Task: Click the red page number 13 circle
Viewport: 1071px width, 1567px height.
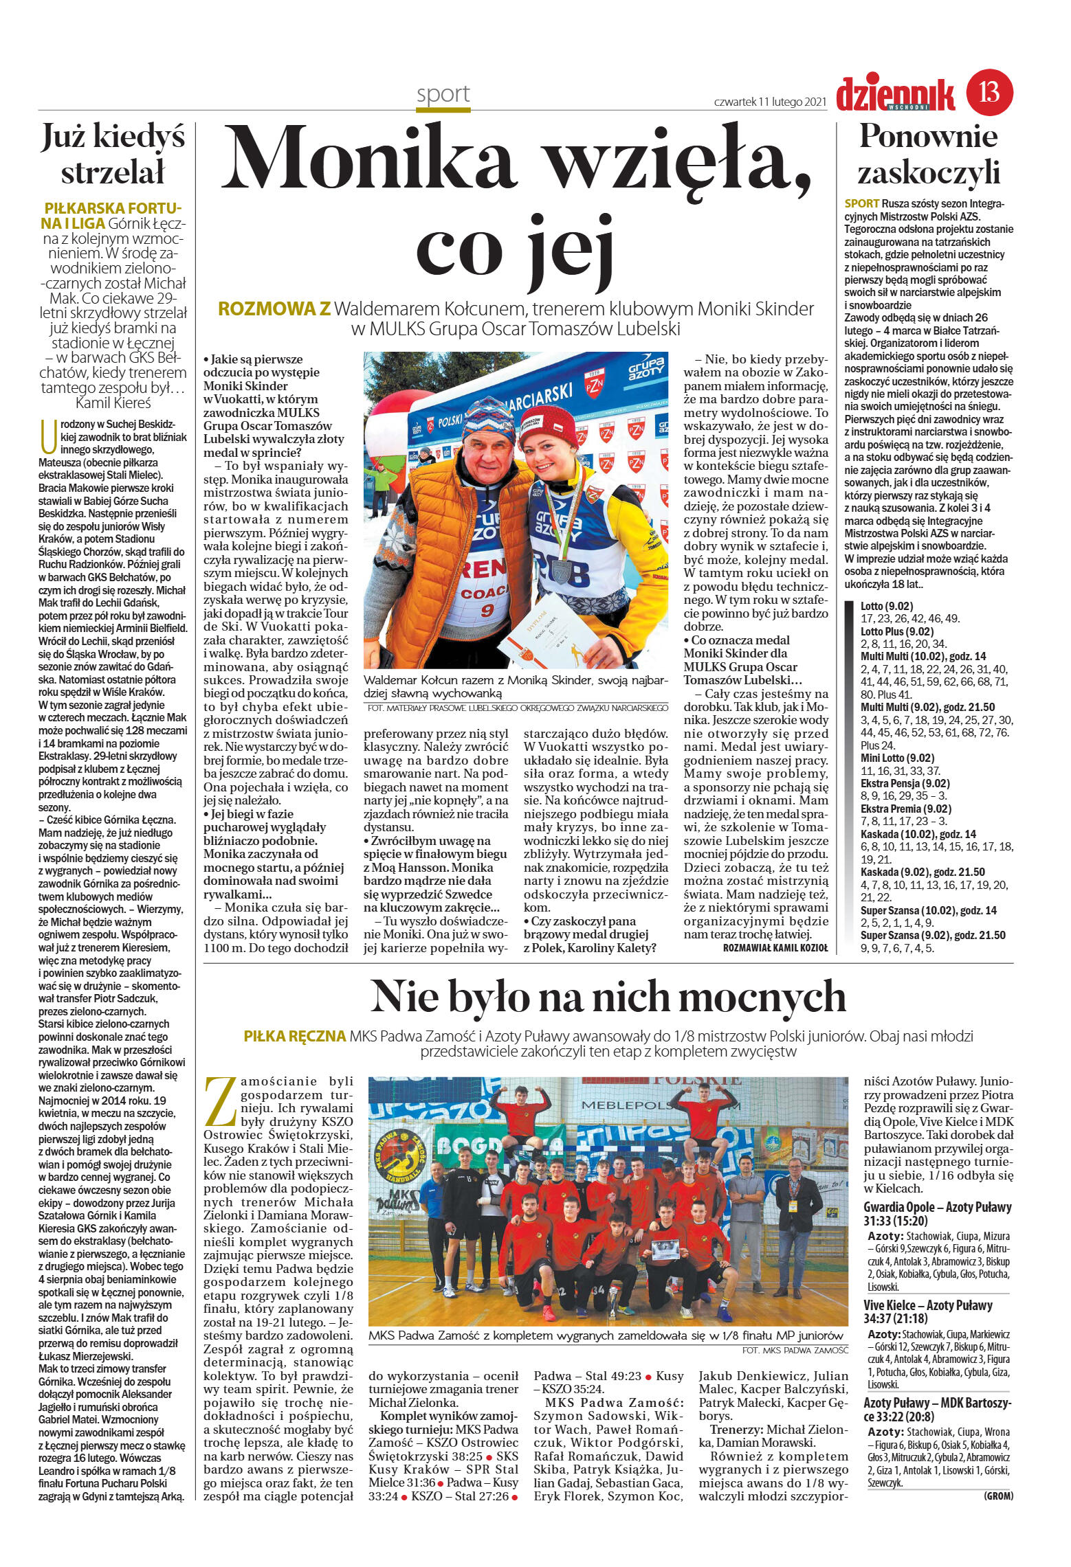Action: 989,92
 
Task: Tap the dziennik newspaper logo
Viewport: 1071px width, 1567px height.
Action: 895,95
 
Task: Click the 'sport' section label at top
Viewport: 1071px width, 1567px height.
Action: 443,94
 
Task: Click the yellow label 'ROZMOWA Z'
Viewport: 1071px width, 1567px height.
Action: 274,310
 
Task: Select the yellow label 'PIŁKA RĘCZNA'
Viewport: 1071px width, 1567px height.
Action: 294,1036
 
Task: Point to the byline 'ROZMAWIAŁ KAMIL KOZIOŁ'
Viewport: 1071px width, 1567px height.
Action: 775,947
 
